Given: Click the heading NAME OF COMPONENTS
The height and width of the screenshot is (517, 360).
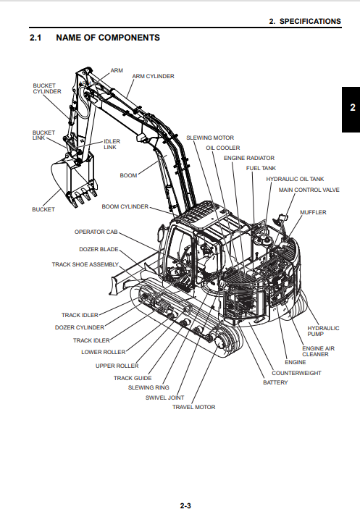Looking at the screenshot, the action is [x=108, y=38].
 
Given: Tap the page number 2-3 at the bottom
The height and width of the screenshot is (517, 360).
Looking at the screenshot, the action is [x=185, y=505].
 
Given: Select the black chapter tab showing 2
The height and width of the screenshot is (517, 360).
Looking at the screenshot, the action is [x=351, y=109].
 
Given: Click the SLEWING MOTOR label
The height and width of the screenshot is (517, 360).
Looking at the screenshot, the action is [x=210, y=138].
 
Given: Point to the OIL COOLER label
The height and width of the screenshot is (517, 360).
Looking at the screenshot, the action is [x=222, y=148].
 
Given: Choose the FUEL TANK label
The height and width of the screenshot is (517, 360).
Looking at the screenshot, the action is [x=261, y=168].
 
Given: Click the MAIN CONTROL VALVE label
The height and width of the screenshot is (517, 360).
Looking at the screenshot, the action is [x=309, y=190].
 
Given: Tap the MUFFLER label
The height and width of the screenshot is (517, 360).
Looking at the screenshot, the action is [x=313, y=212].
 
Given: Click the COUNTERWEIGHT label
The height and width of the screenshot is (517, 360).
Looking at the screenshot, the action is [x=296, y=373].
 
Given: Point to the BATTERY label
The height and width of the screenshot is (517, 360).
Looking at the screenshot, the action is [x=275, y=382].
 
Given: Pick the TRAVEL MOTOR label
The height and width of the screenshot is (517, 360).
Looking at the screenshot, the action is [x=193, y=407].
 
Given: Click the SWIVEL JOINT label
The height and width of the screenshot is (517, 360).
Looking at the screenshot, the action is [x=164, y=398].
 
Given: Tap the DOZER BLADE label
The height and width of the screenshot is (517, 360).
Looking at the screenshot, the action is [x=99, y=249].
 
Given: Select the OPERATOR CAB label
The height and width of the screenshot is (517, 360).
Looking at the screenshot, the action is [x=96, y=232].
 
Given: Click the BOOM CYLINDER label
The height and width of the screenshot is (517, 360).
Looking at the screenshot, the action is [x=125, y=206].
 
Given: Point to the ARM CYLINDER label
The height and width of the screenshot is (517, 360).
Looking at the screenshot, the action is [x=153, y=76].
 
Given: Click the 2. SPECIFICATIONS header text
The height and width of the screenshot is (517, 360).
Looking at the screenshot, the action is [x=305, y=22].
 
